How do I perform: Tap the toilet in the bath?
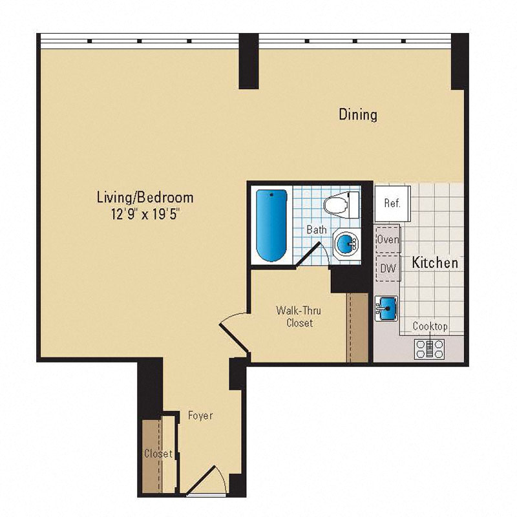pyautogui.click(x=342, y=204)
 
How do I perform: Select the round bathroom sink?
pyautogui.click(x=347, y=245)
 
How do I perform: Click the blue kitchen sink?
pyautogui.click(x=387, y=309)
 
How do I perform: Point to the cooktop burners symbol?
pyautogui.click(x=430, y=348)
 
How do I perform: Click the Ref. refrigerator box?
pyautogui.click(x=392, y=202)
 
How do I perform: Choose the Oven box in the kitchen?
pyautogui.click(x=388, y=239)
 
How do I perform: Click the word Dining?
pyautogui.click(x=358, y=115)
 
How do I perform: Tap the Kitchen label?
pyautogui.click(x=435, y=262)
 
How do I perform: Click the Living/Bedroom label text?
pyautogui.click(x=145, y=197)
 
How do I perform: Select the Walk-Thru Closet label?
pyautogui.click(x=299, y=317)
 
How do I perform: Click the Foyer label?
pyautogui.click(x=200, y=416)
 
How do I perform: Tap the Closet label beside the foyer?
pyautogui.click(x=158, y=454)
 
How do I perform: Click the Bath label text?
pyautogui.click(x=316, y=229)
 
